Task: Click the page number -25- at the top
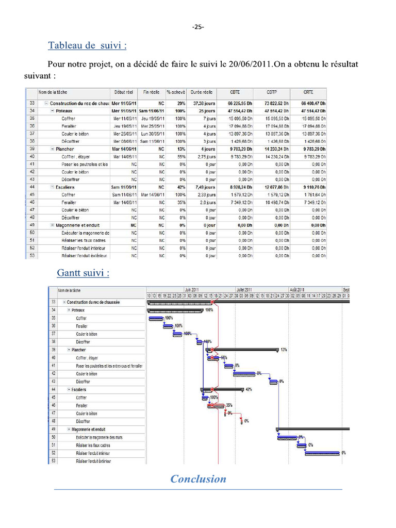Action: tap(198, 27)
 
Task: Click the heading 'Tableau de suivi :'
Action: tap(87, 45)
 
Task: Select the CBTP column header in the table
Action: tap(272, 92)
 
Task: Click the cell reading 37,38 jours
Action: tap(203, 103)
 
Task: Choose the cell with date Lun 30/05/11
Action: tap(152, 134)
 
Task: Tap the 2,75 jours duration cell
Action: tap(205, 156)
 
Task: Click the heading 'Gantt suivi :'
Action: tap(83, 273)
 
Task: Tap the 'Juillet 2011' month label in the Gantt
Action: tap(244, 290)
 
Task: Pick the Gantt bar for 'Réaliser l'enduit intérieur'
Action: tap(322, 453)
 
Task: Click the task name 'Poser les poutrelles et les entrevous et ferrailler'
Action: tap(109, 366)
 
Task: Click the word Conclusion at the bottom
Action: tap(198, 479)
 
